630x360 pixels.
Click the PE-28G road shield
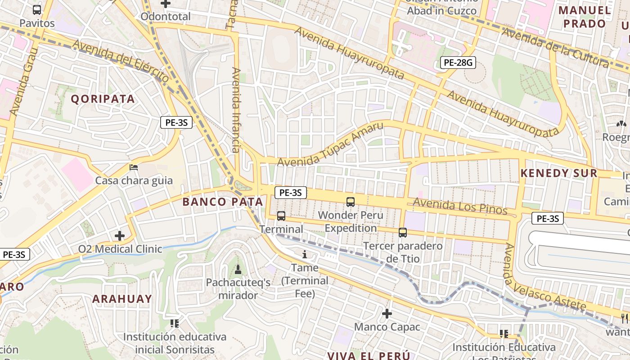pyautogui.click(x=458, y=63)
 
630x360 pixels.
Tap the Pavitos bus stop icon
pyautogui.click(x=37, y=9)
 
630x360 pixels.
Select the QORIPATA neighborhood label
pyautogui.click(x=103, y=99)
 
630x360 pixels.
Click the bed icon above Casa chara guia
pyautogui.click(x=134, y=167)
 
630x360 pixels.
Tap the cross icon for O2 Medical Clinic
pyautogui.click(x=120, y=235)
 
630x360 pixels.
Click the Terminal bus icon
pyautogui.click(x=281, y=216)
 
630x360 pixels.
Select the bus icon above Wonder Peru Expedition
pyautogui.click(x=351, y=202)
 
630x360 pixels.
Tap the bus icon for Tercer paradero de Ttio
pyautogui.click(x=403, y=233)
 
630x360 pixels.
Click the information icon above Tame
pyautogui.click(x=305, y=255)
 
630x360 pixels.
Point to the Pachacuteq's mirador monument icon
pyautogui.click(x=238, y=270)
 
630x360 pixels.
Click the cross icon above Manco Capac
pyautogui.click(x=387, y=313)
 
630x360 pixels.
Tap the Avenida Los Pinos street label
pyautogui.click(x=460, y=207)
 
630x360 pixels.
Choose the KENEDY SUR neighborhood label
pyautogui.click(x=559, y=173)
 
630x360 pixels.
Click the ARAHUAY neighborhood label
pyautogui.click(x=122, y=299)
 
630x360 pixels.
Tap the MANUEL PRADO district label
pyautogui.click(x=585, y=17)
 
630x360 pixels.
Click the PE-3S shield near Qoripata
pyautogui.click(x=176, y=122)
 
